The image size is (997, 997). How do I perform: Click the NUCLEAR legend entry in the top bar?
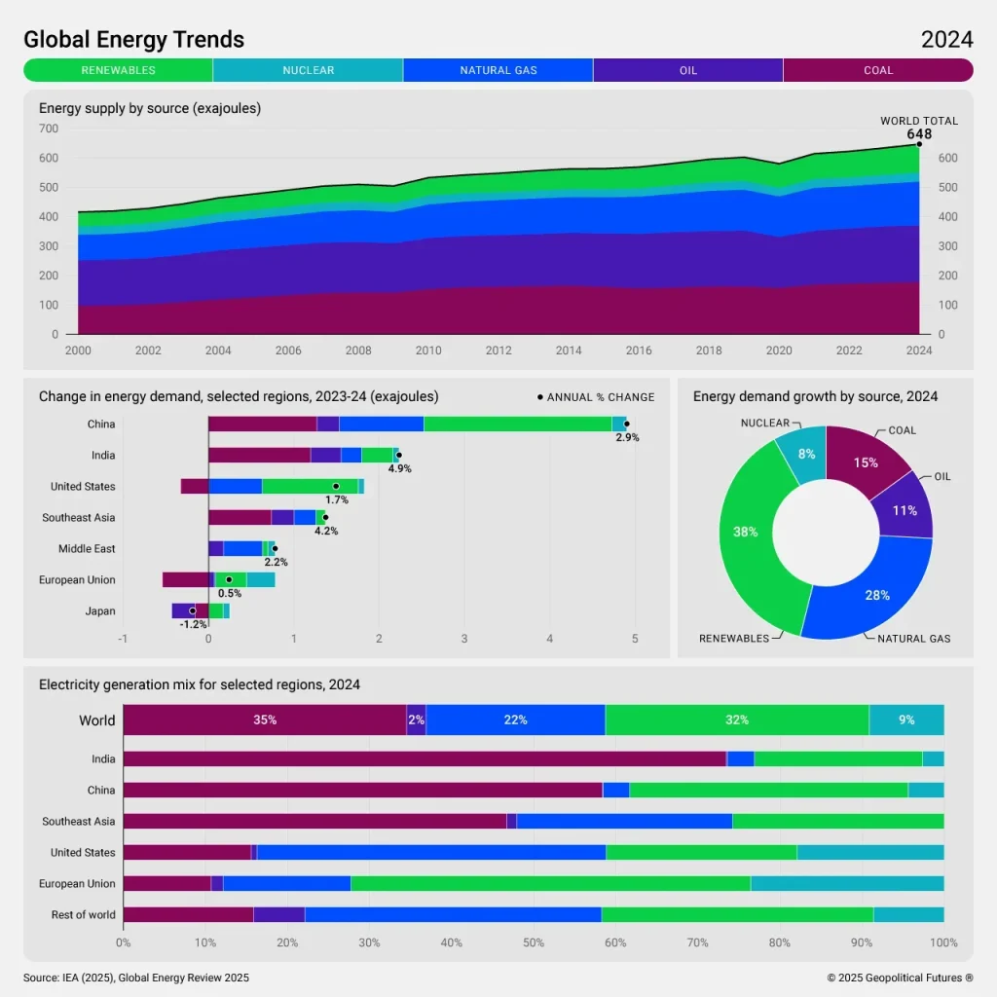point(308,70)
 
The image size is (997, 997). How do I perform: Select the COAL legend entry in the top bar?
point(877,70)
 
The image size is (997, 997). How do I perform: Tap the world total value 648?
point(919,134)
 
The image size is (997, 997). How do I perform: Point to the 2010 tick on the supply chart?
point(428,351)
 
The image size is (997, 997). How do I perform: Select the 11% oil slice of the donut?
point(905,510)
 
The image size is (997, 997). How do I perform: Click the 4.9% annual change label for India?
point(399,468)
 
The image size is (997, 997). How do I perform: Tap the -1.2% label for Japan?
point(193,624)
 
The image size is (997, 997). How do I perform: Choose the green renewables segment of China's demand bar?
point(517,424)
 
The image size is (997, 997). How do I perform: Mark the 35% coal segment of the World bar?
point(264,720)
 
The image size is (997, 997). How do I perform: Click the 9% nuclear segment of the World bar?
point(906,720)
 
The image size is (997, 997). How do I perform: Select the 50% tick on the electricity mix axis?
point(534,942)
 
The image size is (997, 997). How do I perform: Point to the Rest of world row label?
point(83,915)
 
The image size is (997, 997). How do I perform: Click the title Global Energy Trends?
point(133,40)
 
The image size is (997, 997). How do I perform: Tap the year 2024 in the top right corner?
point(946,40)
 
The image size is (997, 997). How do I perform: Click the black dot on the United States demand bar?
point(336,486)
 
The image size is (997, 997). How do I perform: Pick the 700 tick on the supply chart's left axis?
point(49,129)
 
